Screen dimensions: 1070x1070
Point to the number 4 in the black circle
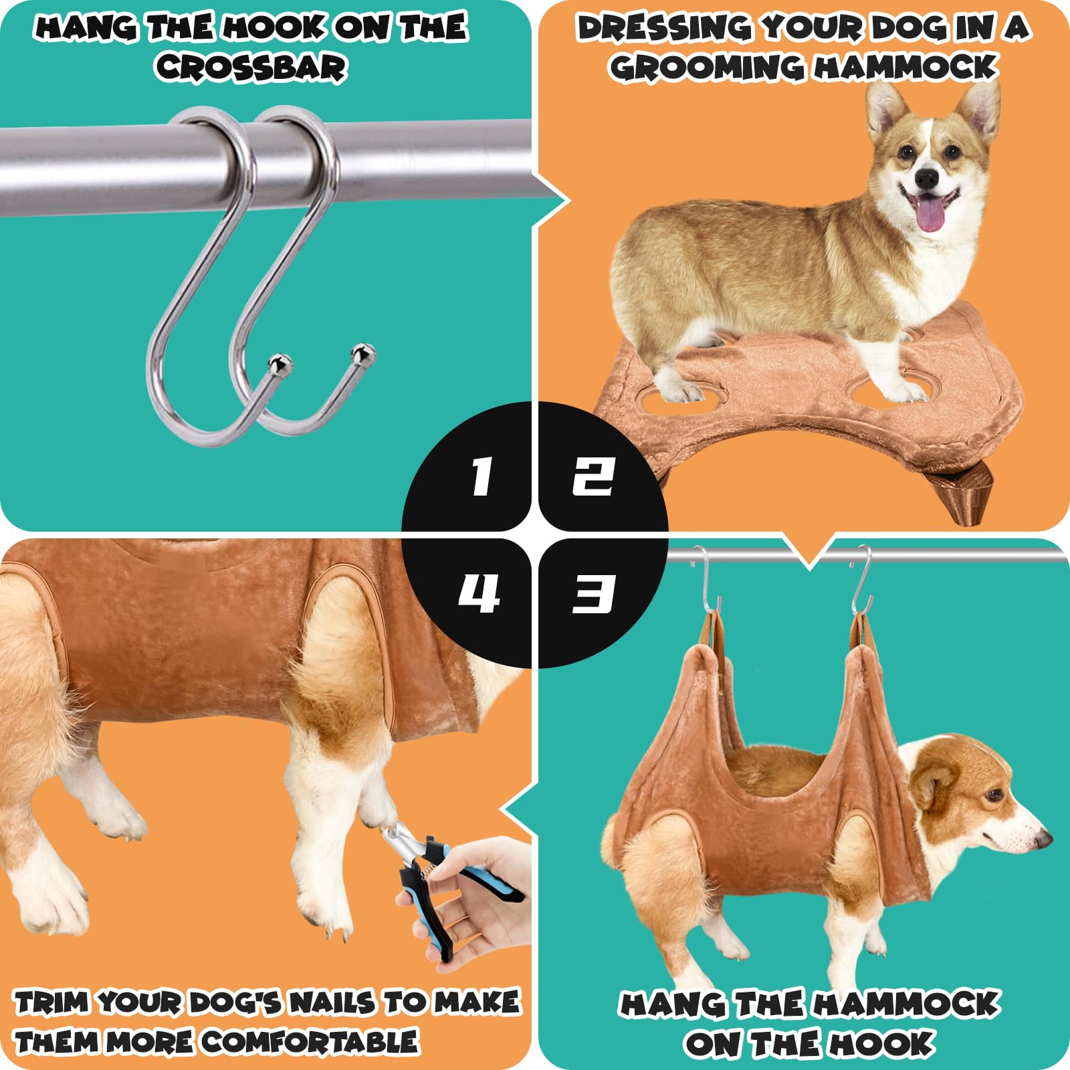tap(479, 593)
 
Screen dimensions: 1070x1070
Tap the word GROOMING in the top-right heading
tap(706, 67)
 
